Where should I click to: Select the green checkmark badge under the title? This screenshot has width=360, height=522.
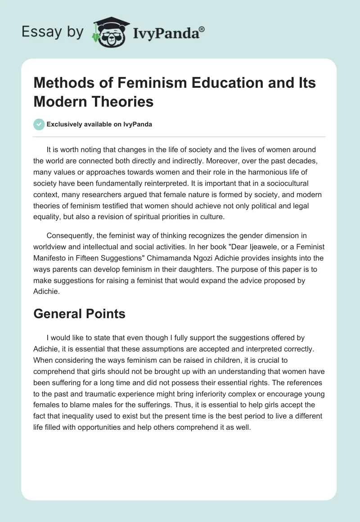pyautogui.click(x=39, y=124)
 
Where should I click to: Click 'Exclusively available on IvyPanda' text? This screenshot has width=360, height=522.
pyautogui.click(x=100, y=124)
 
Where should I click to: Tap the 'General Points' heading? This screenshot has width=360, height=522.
pyautogui.click(x=79, y=314)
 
